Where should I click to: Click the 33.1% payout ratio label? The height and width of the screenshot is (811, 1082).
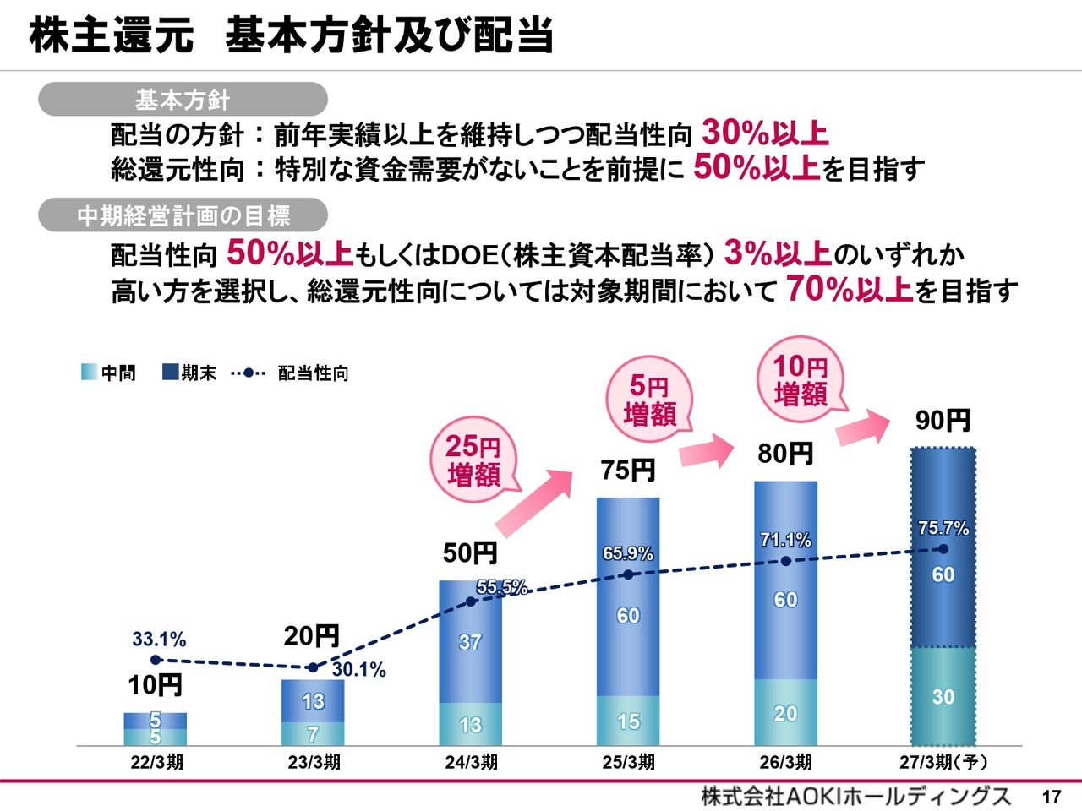point(159,640)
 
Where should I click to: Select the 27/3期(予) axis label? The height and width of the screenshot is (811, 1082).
point(943,762)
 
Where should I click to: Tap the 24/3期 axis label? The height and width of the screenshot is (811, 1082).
point(471,762)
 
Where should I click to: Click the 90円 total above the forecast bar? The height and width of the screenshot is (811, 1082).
point(943,421)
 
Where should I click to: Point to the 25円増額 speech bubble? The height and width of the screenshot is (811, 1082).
point(473,460)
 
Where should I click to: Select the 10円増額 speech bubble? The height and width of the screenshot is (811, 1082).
point(801,379)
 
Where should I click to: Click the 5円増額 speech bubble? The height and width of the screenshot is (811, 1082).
point(650,400)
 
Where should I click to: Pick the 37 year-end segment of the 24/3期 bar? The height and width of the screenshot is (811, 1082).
point(470,641)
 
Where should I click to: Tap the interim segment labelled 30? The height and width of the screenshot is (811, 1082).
point(943,696)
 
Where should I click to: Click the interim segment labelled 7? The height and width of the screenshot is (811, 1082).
point(313,733)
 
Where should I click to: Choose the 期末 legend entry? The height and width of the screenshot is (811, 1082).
point(189,373)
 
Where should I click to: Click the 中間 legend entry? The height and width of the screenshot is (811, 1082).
point(108,373)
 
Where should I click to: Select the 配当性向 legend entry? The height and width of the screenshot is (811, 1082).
point(290,373)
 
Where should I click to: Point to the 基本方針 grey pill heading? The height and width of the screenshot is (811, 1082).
point(183,99)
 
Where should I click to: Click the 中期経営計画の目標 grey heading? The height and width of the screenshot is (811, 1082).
point(183,215)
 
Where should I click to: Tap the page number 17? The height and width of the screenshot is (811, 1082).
point(1052,797)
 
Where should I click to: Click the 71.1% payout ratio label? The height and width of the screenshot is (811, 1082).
point(785,540)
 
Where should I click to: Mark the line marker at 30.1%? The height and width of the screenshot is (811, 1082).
point(313,667)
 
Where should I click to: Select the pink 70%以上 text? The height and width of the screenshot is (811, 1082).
point(850,289)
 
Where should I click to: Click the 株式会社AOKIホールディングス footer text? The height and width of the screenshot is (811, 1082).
point(855,797)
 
